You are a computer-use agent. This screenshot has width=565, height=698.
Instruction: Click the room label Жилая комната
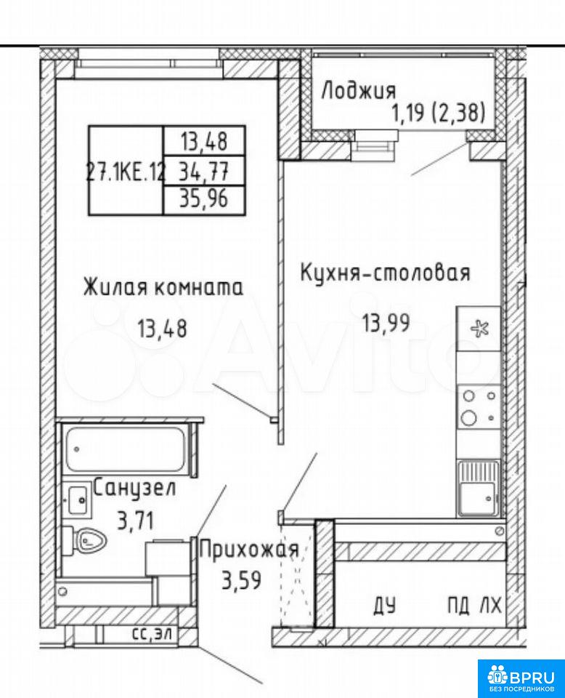163,287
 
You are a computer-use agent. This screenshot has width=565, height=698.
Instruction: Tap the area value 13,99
386,323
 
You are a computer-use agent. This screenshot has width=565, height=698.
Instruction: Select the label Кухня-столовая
385,273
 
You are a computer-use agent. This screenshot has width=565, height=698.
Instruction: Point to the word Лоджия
358,91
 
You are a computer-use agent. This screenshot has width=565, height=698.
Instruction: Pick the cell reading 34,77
204,170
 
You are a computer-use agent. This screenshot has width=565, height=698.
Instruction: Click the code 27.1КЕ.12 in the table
126,171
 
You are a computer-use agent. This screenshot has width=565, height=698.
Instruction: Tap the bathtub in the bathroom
125,449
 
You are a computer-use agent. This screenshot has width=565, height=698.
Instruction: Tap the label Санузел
134,489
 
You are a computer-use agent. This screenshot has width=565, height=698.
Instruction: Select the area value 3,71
136,519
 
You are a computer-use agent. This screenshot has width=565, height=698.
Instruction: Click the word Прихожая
248,550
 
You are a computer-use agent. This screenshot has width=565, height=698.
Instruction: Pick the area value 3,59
241,580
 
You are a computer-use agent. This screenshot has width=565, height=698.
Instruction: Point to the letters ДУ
385,606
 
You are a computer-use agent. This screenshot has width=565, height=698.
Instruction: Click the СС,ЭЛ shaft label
155,634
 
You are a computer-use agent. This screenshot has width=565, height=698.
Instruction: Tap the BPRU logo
521,678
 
